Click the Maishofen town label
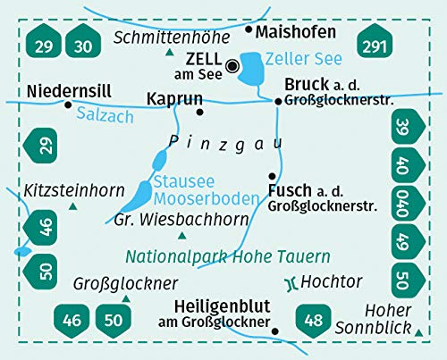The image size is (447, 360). [296, 31]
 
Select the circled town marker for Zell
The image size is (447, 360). [232, 64]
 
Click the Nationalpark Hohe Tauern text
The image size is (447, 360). [227, 256]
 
